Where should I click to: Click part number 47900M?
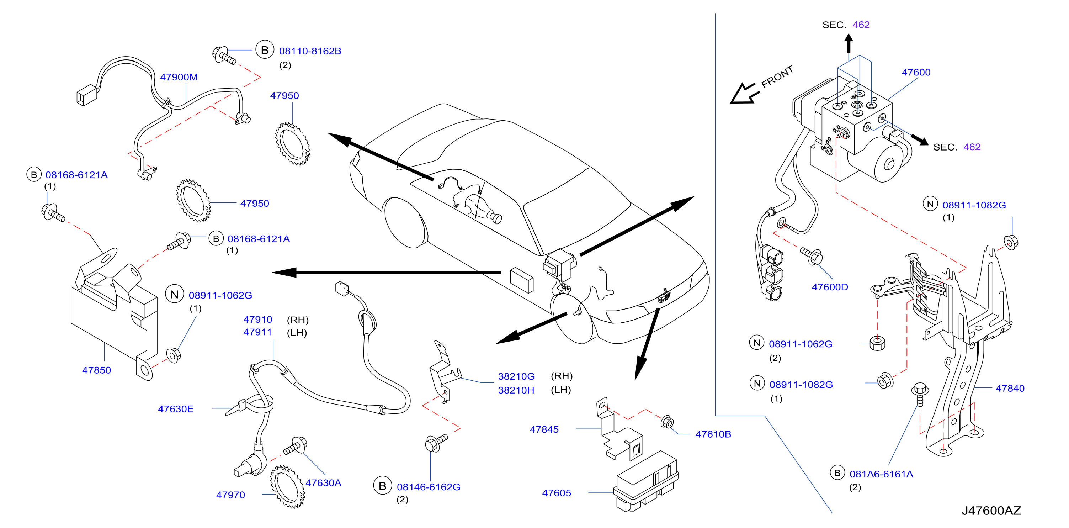179,77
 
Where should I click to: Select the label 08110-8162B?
310,51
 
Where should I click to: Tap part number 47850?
96,370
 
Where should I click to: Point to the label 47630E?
176,409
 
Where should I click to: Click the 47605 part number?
557,493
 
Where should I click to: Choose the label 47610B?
713,434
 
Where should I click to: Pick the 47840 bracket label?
1010,388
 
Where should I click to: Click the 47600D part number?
830,287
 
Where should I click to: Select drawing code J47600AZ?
991,510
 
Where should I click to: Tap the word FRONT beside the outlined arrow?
777,76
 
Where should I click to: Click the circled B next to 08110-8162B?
264,50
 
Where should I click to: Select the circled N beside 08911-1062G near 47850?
174,294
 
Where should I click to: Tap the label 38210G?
516,376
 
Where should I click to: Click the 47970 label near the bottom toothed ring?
230,495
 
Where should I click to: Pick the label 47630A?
323,483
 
